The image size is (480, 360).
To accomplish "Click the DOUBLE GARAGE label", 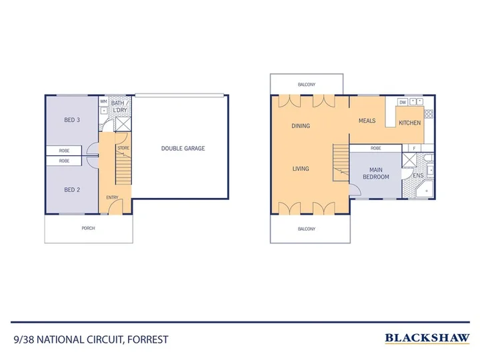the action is point(183,149).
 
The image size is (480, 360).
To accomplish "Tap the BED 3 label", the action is point(72,120).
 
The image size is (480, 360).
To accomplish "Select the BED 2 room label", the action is point(72,190).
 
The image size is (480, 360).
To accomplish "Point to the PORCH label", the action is point(88,228).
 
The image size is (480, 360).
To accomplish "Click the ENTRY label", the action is point(112,197).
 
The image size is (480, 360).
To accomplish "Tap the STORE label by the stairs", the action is point(123,148).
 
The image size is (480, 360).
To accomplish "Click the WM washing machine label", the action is point(103,101).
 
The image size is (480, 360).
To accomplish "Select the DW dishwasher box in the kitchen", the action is point(403,102).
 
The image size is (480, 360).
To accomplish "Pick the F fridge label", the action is point(414,149).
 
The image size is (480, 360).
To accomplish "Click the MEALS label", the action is point(367,121).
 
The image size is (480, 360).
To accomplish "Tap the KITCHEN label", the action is point(409,123).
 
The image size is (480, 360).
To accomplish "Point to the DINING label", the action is point(301,126).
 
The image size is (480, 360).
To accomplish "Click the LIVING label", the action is point(301,169).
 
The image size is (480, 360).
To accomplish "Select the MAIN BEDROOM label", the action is point(376,173).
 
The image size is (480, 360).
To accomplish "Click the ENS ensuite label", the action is point(418,175).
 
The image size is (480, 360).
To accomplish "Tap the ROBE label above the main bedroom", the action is point(375,148).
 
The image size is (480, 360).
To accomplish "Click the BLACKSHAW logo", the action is point(427,338).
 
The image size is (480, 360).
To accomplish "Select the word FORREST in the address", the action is point(148,340).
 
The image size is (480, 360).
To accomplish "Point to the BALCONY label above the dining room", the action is point(307,85).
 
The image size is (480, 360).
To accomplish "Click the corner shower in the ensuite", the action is point(425,189).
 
